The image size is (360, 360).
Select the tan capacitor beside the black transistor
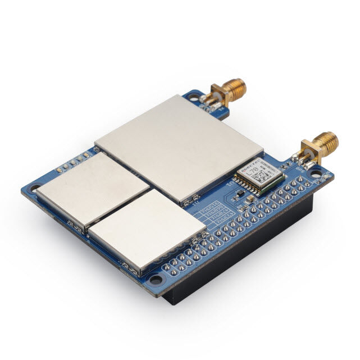pos(250,198)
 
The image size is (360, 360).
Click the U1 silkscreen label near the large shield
pos(229,184)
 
